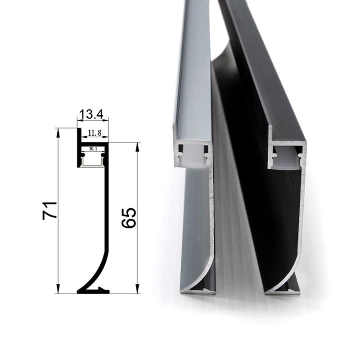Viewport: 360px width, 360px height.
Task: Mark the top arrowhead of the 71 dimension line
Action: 58,131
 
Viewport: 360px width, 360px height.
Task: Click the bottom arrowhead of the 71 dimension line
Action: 58,290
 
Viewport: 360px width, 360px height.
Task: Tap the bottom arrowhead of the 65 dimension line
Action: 137,290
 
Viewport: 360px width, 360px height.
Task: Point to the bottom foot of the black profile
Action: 283,292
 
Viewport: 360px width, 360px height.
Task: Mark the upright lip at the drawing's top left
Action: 78,135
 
